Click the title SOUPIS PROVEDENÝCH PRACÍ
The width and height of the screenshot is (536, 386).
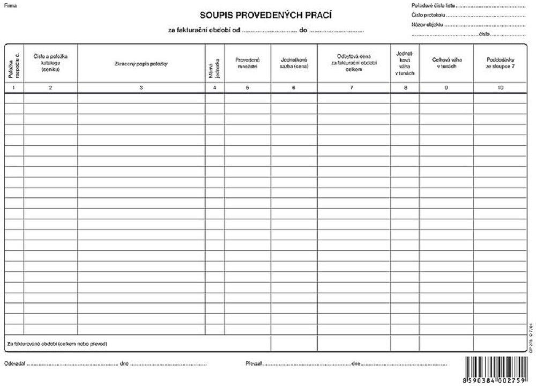[266, 15]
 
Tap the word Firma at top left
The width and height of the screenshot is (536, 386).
[10, 5]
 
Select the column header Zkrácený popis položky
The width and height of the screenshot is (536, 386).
[141, 64]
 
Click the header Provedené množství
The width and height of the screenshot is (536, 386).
[247, 63]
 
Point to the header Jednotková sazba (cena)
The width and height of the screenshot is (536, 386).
[294, 63]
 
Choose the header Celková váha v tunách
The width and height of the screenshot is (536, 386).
[446, 63]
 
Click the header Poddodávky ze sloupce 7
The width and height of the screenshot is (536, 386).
[500, 63]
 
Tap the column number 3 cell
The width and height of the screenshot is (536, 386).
[141, 87]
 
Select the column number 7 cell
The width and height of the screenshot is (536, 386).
[353, 87]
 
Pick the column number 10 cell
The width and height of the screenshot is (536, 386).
[500, 87]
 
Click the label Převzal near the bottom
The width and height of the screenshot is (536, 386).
[254, 364]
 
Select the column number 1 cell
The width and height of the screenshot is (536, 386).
[14, 87]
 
